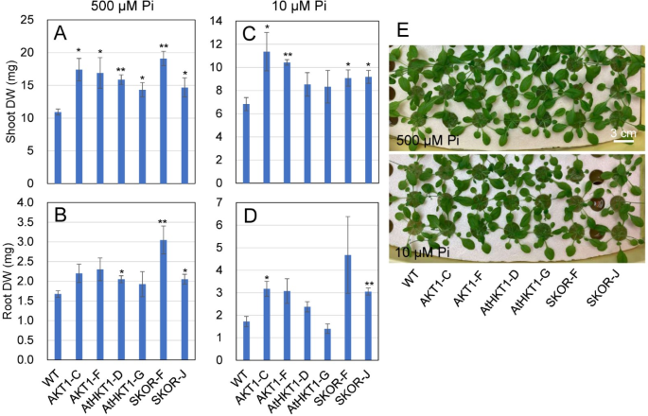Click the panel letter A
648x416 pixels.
(60, 34)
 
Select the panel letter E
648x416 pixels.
(403, 30)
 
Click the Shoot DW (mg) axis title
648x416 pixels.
(11, 99)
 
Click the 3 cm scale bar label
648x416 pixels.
(622, 131)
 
